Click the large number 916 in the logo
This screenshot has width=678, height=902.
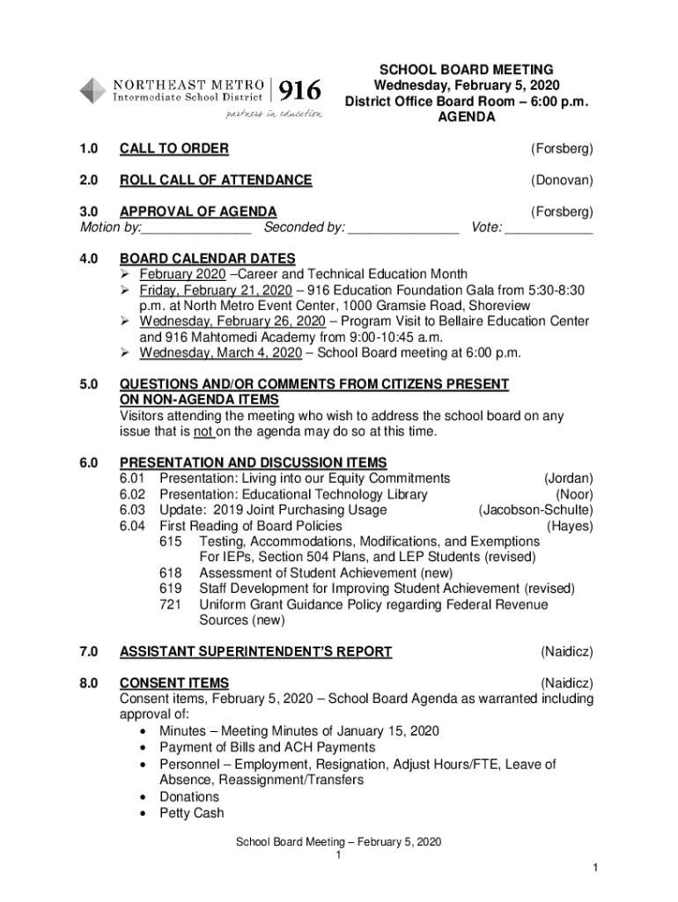coord(300,91)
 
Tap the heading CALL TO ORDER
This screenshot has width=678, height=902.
coord(174,149)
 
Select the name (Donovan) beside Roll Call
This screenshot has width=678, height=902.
coord(561,181)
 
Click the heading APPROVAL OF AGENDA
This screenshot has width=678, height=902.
coord(198,211)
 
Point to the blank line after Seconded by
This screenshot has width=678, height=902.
coord(403,229)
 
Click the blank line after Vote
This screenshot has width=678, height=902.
coord(549,229)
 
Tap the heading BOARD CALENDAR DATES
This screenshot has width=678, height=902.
coord(208,259)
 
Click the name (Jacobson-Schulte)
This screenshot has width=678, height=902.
coord(535,511)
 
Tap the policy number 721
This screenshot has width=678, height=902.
coord(170,605)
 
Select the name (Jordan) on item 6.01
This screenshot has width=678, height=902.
coord(568,478)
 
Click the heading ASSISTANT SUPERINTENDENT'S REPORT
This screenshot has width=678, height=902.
coord(255,652)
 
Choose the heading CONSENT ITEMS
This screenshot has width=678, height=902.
coord(174,684)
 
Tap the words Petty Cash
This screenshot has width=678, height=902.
coord(192,813)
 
